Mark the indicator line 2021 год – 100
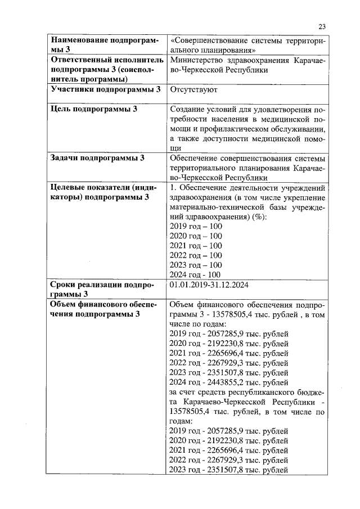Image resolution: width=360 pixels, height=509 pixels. point(196,246)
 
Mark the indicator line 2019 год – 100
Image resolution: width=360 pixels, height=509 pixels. point(196,226)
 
